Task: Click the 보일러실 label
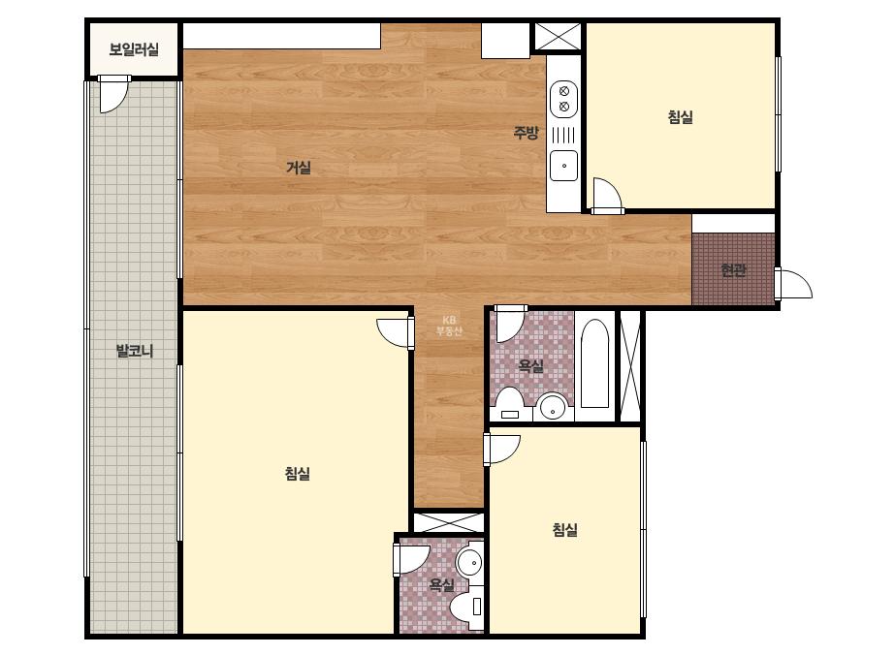pyautogui.click(x=134, y=49)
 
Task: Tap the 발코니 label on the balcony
pyautogui.click(x=135, y=351)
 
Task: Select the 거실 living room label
pyautogui.click(x=299, y=168)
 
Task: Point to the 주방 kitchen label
pyautogui.click(x=526, y=133)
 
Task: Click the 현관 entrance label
pyautogui.click(x=733, y=270)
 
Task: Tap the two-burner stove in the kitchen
pyautogui.click(x=564, y=99)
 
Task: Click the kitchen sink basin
pyautogui.click(x=564, y=166)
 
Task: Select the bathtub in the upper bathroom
pyautogui.click(x=594, y=364)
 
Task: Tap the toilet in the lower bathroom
pyautogui.click(x=467, y=608)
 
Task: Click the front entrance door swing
pyautogui.click(x=793, y=284)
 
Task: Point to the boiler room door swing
pyautogui.click(x=112, y=94)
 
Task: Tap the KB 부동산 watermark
pyautogui.click(x=449, y=326)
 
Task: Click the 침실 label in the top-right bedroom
pyautogui.click(x=681, y=117)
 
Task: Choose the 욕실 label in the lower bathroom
pyautogui.click(x=441, y=584)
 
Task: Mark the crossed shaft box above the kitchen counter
pyautogui.click(x=558, y=37)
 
